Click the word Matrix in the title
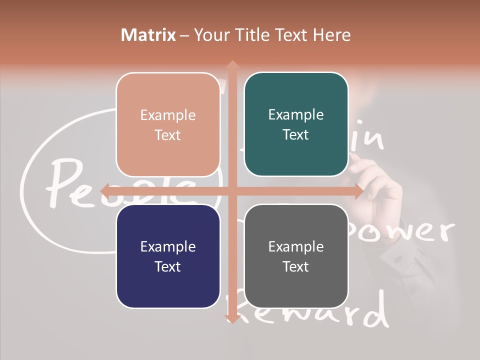(x=148, y=35)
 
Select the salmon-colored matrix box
(x=168, y=124)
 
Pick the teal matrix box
(x=296, y=124)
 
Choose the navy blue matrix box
(x=168, y=256)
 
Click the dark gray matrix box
(x=296, y=256)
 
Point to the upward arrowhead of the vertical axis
(x=232, y=65)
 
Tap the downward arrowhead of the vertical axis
(x=232, y=318)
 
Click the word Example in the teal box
(x=296, y=115)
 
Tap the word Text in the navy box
(x=168, y=266)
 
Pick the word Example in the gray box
(x=296, y=246)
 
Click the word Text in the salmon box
(x=168, y=135)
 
